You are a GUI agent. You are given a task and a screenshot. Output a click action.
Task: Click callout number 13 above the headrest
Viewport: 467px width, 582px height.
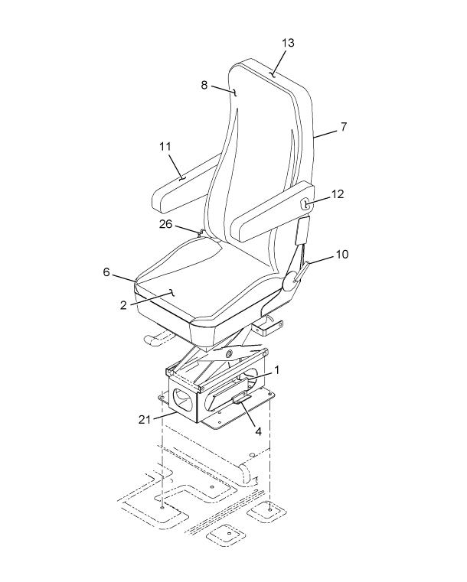pyautogui.click(x=288, y=43)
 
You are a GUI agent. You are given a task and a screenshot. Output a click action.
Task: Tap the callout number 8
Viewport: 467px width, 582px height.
pyautogui.click(x=204, y=85)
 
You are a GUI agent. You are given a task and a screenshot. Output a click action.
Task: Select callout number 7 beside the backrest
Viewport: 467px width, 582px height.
pyautogui.click(x=343, y=127)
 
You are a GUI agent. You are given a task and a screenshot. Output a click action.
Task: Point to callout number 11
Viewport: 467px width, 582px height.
pyautogui.click(x=165, y=147)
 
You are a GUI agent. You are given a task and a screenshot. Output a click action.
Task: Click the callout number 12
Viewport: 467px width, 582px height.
pyautogui.click(x=338, y=193)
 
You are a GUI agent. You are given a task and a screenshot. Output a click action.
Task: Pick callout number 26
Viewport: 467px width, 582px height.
pyautogui.click(x=165, y=224)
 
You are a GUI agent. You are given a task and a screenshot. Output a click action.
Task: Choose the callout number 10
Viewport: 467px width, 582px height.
pyautogui.click(x=342, y=255)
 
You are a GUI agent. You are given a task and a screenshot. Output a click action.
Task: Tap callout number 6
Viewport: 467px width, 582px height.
pyautogui.click(x=106, y=272)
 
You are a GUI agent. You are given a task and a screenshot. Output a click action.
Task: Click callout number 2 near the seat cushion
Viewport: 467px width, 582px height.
pyautogui.click(x=123, y=305)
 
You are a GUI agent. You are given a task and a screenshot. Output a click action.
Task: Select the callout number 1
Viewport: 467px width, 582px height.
pyautogui.click(x=276, y=370)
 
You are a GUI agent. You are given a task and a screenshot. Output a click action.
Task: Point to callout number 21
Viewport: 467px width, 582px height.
pyautogui.click(x=145, y=419)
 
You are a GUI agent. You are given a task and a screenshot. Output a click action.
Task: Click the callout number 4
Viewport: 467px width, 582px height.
pyautogui.click(x=258, y=431)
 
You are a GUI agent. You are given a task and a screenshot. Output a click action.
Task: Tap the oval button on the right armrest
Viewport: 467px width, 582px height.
pyautogui.click(x=305, y=204)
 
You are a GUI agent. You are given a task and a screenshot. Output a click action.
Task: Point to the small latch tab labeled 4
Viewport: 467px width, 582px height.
pyautogui.click(x=241, y=399)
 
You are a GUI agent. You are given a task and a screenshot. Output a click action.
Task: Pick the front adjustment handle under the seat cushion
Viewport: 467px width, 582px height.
pyautogui.click(x=158, y=337)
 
